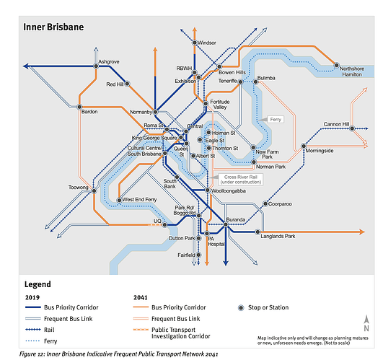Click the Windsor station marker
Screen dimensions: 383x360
pyautogui.click(x=195, y=43)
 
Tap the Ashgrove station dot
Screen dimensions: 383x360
pyautogui.click(x=96, y=66)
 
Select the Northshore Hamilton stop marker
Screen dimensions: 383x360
pyautogui.click(x=337, y=65)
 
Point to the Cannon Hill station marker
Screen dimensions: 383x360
pyautogui.click(x=352, y=128)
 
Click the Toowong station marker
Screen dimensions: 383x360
pyautogui.click(x=94, y=190)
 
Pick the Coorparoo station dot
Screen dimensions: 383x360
pyautogui.click(x=265, y=203)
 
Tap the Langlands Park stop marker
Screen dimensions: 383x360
pyautogui.click(x=257, y=232)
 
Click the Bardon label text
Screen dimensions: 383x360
pyautogui.click(x=89, y=112)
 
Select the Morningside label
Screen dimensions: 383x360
pyautogui.click(x=320, y=151)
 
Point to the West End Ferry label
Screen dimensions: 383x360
pyautogui.click(x=139, y=200)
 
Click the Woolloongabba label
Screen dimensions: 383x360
pyautogui.click(x=229, y=190)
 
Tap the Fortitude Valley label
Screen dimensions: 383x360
pyautogui.click(x=220, y=105)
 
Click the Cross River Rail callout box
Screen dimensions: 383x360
pyautogui.click(x=241, y=180)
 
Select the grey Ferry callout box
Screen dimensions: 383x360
pyautogui.click(x=276, y=120)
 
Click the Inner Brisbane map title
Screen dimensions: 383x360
pyautogui.click(x=53, y=27)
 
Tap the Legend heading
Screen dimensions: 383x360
pyautogui.click(x=38, y=284)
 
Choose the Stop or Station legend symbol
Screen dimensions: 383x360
pyautogui.click(x=241, y=308)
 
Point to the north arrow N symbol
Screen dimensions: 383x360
pyautogui.click(x=366, y=323)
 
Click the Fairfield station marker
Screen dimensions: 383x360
pyautogui.click(x=198, y=255)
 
